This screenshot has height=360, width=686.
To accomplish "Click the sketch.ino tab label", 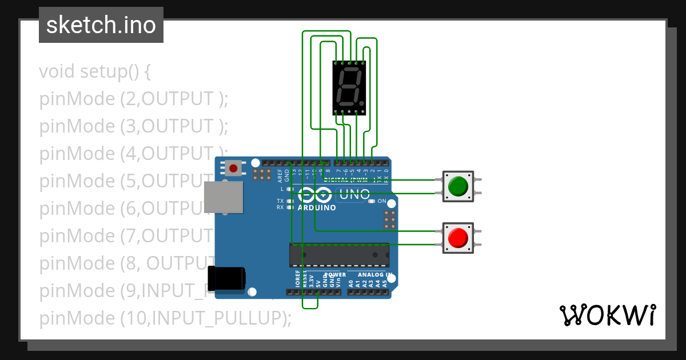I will tap(101, 25).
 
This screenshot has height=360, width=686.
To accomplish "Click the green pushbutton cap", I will tap(458, 186).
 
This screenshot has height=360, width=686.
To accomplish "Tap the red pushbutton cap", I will tap(458, 237).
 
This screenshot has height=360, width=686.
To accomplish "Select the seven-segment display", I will tap(349, 87).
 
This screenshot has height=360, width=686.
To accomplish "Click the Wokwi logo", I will tap(607, 315).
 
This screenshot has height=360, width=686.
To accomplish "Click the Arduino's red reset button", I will tap(233, 168).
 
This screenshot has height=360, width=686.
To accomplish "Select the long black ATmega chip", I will tap(339, 255).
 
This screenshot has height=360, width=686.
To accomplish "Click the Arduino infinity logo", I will tap(315, 195).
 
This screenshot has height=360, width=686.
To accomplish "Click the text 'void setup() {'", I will tap(95, 72).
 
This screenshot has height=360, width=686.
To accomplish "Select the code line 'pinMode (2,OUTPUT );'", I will tap(134, 99).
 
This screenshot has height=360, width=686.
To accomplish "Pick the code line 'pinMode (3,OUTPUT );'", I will tap(134, 126).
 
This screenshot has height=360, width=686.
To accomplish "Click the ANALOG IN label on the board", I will tap(374, 275).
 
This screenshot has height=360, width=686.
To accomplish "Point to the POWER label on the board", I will tap(335, 275).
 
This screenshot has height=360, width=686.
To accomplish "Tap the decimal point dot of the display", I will tap(362, 103).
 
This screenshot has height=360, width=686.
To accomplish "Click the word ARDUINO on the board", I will tap(317, 207).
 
